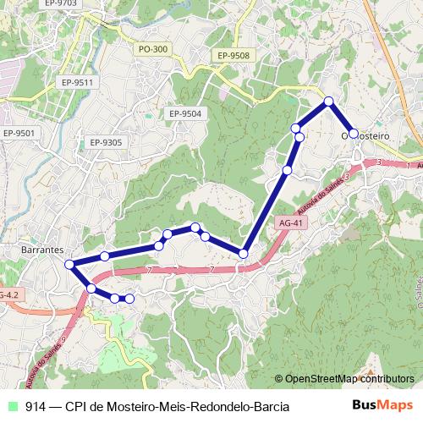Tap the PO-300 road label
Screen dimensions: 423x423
click(153, 50)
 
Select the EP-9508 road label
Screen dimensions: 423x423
click(233, 56)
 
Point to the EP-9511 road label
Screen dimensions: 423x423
click(76, 82)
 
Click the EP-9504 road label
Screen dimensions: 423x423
click(184, 113)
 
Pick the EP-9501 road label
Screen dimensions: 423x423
click(19, 133)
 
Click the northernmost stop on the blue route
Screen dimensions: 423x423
click(329, 102)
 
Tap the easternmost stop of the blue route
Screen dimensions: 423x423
click(354, 134)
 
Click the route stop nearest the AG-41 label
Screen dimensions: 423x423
click(244, 253)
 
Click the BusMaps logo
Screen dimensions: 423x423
click(382, 405)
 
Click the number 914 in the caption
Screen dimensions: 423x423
click(36, 406)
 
